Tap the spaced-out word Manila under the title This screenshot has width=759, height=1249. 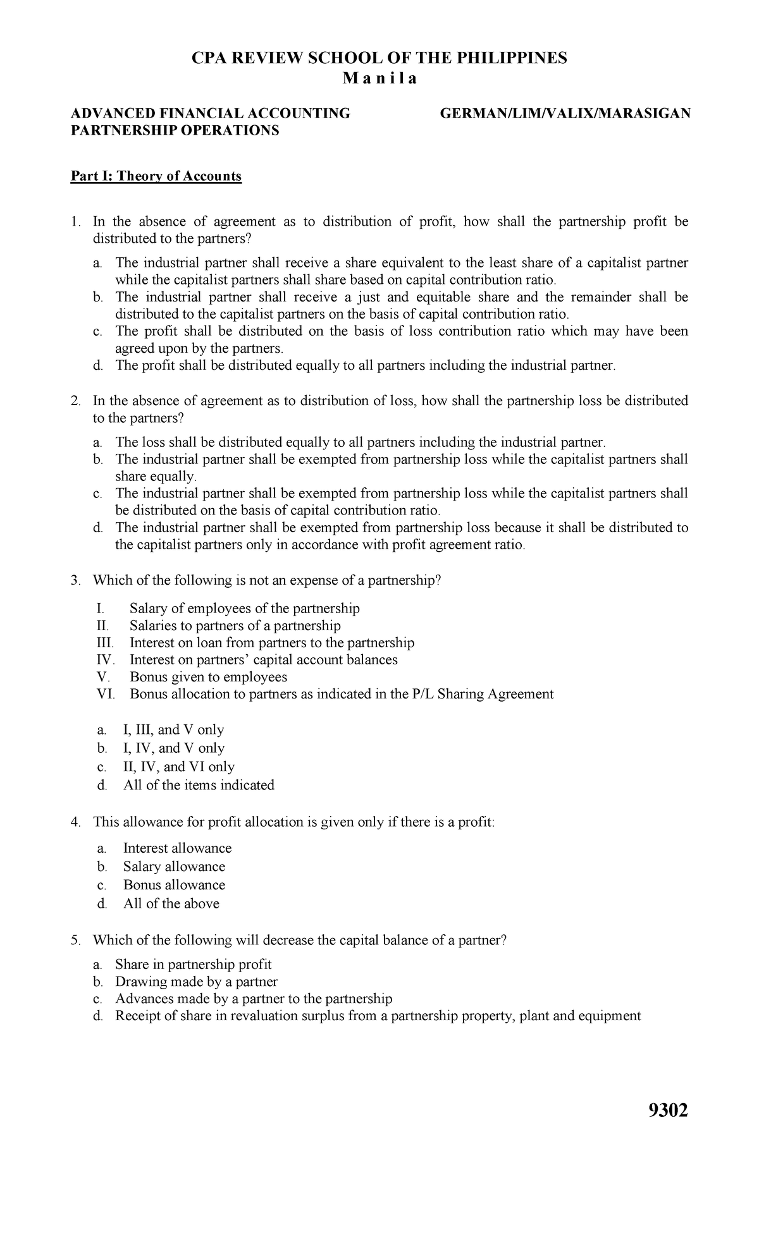click(379, 79)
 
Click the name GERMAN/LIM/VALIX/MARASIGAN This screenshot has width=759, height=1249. click(565, 113)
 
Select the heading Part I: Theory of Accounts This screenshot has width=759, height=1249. click(156, 176)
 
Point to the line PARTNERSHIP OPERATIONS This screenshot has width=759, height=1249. click(175, 130)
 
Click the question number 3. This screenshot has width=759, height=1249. click(75, 580)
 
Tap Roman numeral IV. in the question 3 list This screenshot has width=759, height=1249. click(106, 660)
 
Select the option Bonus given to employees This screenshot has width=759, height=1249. click(208, 677)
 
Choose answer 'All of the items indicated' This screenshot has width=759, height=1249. click(199, 785)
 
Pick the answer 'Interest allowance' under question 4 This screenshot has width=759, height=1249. click(177, 848)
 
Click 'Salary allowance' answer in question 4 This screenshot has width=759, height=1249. click(174, 867)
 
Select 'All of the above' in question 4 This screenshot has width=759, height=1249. click(171, 903)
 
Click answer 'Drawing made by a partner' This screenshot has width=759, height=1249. click(196, 982)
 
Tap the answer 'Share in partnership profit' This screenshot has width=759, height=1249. click(193, 965)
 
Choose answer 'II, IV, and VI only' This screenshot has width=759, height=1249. click(178, 767)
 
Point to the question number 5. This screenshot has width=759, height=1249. click(75, 940)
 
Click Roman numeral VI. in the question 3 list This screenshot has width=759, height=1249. click(106, 694)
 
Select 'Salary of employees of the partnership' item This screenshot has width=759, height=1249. click(244, 609)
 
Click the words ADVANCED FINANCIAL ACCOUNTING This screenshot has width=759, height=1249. click(210, 113)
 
